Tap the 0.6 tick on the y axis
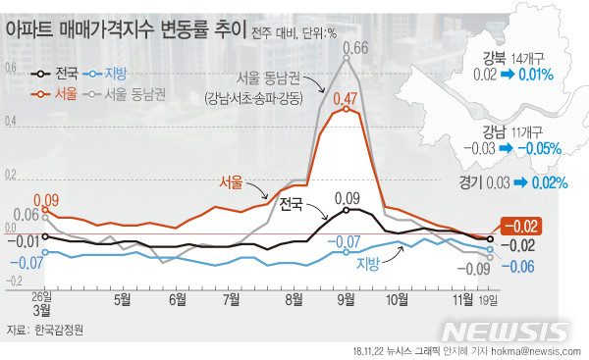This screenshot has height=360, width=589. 12,68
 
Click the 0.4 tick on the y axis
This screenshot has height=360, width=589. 12,122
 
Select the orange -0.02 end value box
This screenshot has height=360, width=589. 520,226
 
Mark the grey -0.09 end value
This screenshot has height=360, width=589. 477,269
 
